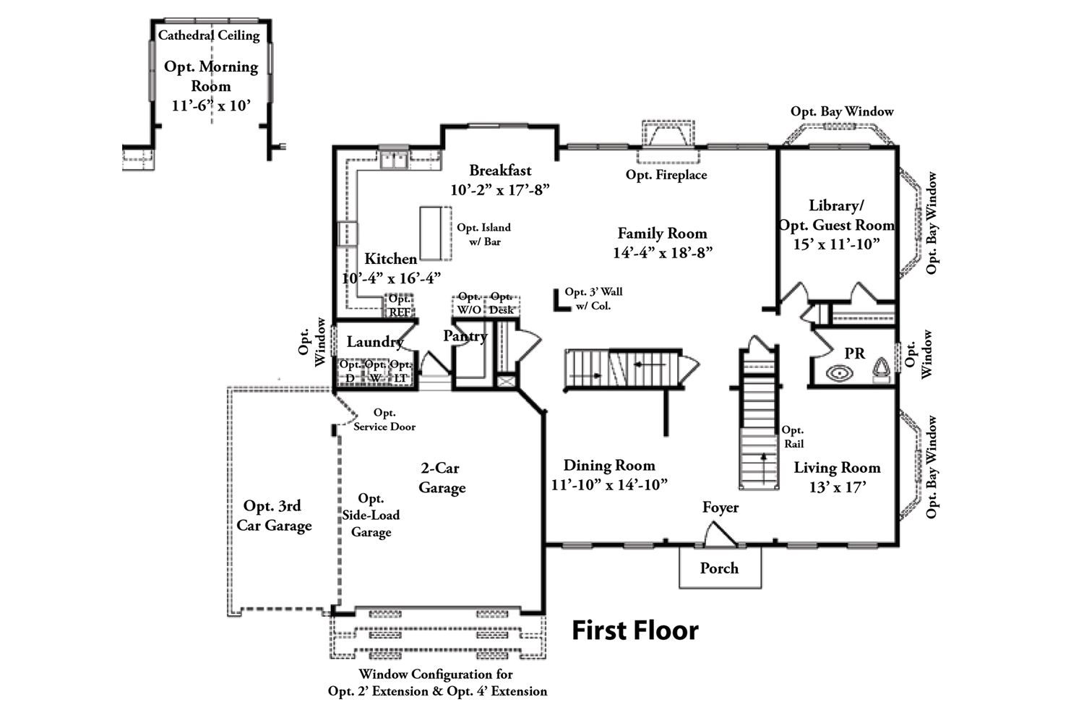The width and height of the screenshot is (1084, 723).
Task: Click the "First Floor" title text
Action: (635, 630)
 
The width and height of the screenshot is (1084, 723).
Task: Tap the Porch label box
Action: (719, 568)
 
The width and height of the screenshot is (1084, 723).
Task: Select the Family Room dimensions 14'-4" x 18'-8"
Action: (663, 253)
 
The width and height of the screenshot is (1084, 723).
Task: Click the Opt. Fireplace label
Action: (666, 175)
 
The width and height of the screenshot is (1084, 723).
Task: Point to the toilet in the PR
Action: (881, 370)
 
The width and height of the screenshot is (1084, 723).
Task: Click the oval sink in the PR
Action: (839, 374)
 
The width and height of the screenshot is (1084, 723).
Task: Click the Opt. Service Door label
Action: (384, 420)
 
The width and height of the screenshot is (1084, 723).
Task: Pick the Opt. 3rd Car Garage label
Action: (273, 516)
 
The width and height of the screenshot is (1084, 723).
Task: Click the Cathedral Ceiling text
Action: (209, 35)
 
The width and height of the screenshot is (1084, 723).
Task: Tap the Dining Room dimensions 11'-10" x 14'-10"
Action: (608, 484)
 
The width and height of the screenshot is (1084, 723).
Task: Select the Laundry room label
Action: (374, 342)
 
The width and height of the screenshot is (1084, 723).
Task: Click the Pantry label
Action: (465, 336)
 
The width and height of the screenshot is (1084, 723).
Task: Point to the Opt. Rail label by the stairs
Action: (793, 437)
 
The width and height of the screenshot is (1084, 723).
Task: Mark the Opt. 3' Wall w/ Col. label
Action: (593, 299)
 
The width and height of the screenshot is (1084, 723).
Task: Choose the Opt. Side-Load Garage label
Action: (371, 515)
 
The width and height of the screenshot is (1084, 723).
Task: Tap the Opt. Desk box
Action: (502, 304)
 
